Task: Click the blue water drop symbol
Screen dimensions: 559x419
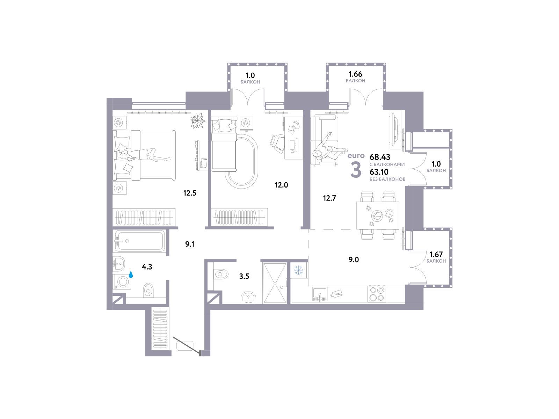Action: [x=131, y=274]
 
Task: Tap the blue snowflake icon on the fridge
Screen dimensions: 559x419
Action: [x=298, y=270]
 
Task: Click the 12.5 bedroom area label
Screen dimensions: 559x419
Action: [x=190, y=193]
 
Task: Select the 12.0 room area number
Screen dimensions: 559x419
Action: [x=281, y=185]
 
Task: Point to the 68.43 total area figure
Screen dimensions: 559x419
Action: [x=380, y=157]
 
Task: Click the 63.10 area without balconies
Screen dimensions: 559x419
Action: [x=379, y=172]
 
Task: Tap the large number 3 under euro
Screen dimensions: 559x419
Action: [x=356, y=170]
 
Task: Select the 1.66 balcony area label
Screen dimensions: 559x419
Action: [x=355, y=74]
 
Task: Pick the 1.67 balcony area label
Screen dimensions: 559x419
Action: [x=436, y=254]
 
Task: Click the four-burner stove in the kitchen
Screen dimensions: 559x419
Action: [x=377, y=294]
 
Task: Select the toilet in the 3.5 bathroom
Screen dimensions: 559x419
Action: [x=222, y=274]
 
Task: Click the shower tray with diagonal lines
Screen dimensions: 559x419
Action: [x=275, y=283]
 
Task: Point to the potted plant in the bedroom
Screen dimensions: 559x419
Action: [x=198, y=120]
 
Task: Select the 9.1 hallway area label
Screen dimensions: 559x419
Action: [x=190, y=244]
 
